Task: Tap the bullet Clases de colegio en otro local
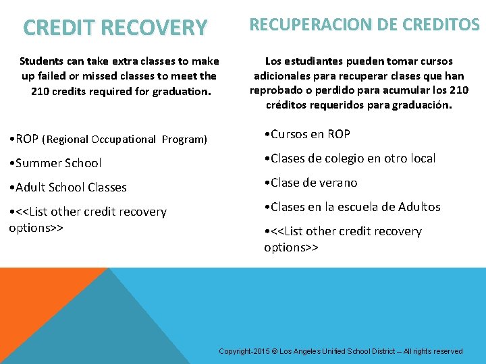coord(352,158)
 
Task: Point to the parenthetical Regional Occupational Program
coord(124,140)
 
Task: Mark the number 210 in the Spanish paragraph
coord(459,90)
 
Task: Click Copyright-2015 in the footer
coord(243,351)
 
